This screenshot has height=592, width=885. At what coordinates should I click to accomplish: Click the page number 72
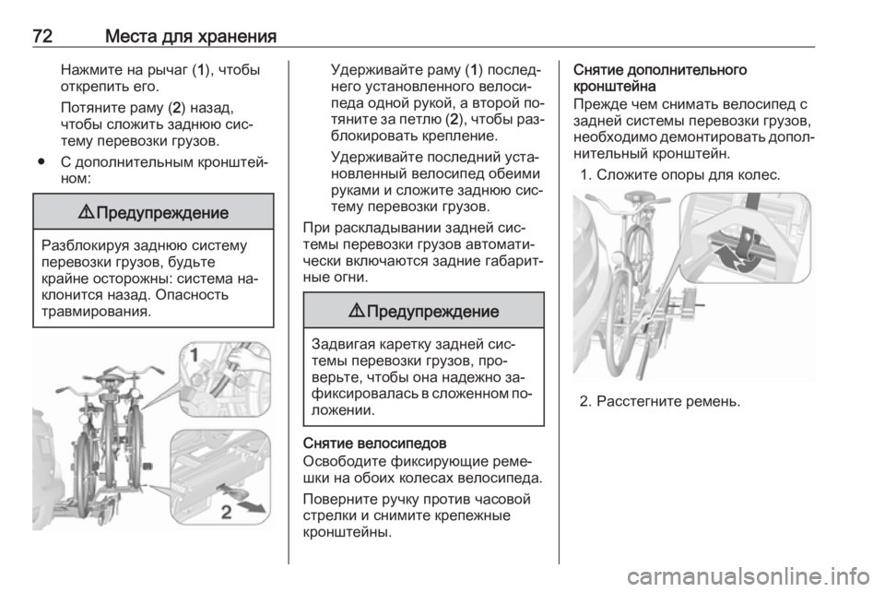click(x=42, y=36)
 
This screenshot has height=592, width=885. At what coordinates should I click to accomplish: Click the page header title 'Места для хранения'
click(x=191, y=36)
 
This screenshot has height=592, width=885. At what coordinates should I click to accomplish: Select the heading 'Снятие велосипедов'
click(x=375, y=442)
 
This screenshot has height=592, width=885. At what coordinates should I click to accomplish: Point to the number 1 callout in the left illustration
click(x=194, y=355)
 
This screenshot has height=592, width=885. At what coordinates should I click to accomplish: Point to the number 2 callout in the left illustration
click(x=226, y=513)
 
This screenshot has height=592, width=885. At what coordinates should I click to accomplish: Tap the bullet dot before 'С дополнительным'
click(x=41, y=162)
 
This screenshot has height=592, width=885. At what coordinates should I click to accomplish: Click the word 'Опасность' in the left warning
click(x=192, y=294)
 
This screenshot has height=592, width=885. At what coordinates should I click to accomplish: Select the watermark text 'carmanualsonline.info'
click(x=749, y=576)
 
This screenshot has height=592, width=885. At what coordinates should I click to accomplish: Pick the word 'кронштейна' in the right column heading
click(x=615, y=87)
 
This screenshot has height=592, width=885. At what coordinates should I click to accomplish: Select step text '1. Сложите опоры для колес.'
click(x=680, y=175)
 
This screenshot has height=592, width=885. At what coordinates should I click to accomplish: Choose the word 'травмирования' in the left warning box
click(x=97, y=311)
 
